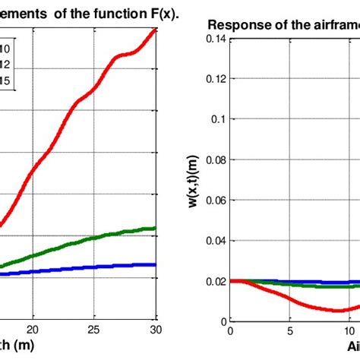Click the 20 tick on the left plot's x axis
click(x=32, y=330)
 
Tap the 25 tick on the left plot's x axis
click(x=94, y=330)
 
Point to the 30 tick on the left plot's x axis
click(x=155, y=330)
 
